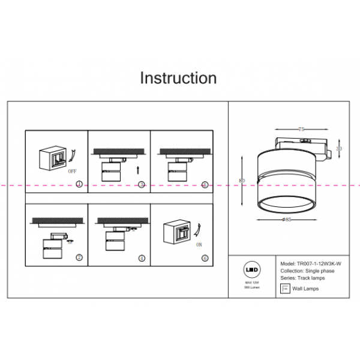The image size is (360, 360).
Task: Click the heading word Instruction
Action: (x=178, y=78)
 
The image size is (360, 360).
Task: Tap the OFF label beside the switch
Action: (x=73, y=171)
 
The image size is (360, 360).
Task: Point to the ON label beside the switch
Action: (x=199, y=244)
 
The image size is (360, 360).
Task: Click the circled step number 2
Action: (x=79, y=257)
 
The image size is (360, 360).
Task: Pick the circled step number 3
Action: (x=142, y=184)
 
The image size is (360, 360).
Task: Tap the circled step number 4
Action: (x=142, y=258)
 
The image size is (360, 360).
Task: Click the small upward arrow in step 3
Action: (x=139, y=170)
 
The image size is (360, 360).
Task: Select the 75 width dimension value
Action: (x=301, y=129)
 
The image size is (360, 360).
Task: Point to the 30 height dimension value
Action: (x=339, y=148)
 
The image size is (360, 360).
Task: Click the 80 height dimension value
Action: (x=242, y=180)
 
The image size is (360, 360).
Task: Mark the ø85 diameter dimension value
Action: (x=287, y=220)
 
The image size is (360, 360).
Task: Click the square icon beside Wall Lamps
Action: (x=285, y=289)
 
